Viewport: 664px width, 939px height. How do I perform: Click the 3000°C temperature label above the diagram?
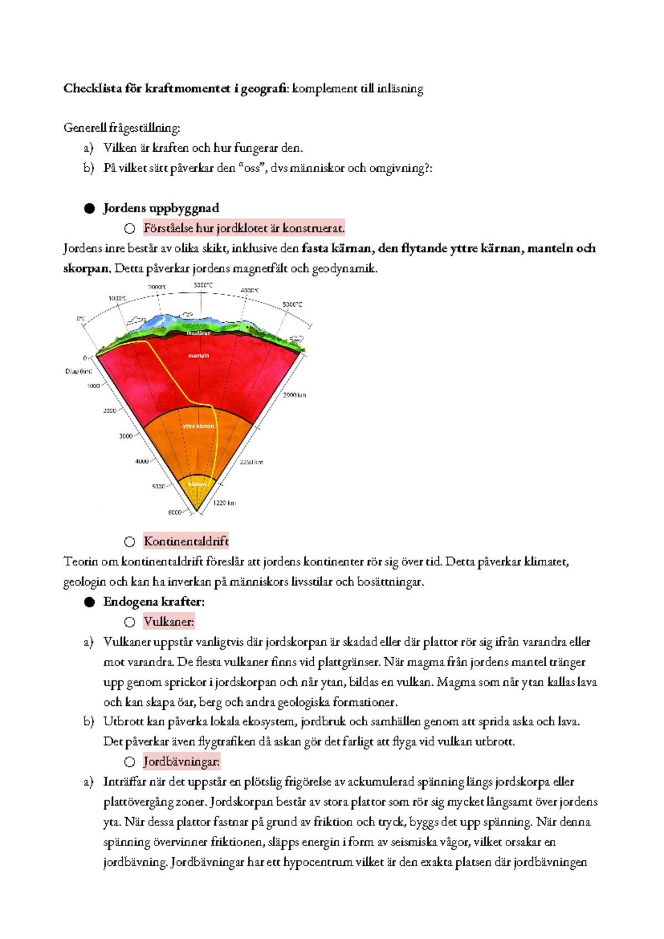203,285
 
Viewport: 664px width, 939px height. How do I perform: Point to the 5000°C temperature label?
292,305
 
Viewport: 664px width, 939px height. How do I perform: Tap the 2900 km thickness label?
294,395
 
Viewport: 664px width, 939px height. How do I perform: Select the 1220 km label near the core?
225,503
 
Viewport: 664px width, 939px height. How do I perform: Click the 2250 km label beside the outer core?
251,462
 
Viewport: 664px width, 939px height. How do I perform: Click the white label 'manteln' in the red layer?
198,355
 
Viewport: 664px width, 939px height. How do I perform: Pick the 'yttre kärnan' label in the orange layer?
198,426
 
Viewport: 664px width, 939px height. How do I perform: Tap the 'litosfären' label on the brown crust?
198,333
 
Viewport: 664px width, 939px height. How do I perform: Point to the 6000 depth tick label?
174,513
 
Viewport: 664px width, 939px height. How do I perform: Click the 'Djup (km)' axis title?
78,372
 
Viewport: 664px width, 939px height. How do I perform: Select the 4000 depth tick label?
142,461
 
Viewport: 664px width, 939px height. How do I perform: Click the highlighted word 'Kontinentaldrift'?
186,541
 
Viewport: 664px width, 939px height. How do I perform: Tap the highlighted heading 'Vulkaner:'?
169,622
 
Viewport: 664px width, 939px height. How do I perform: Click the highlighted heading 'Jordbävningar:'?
181,762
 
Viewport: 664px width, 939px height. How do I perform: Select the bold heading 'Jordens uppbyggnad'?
161,208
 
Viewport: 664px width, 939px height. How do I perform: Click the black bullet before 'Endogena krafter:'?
90,602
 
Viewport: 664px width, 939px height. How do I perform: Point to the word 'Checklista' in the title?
92,89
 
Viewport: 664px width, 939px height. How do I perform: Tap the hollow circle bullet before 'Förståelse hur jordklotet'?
129,229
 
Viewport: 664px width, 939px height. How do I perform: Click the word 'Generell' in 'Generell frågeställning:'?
85,128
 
